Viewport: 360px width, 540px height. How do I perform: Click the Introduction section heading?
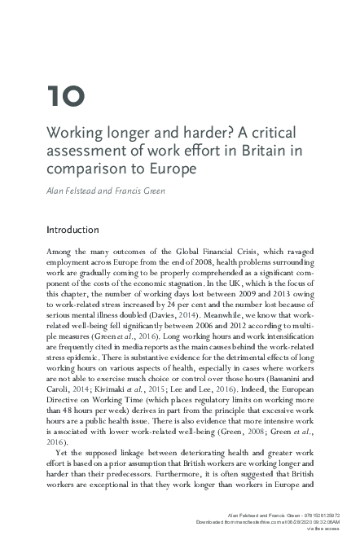(x=84, y=230)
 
